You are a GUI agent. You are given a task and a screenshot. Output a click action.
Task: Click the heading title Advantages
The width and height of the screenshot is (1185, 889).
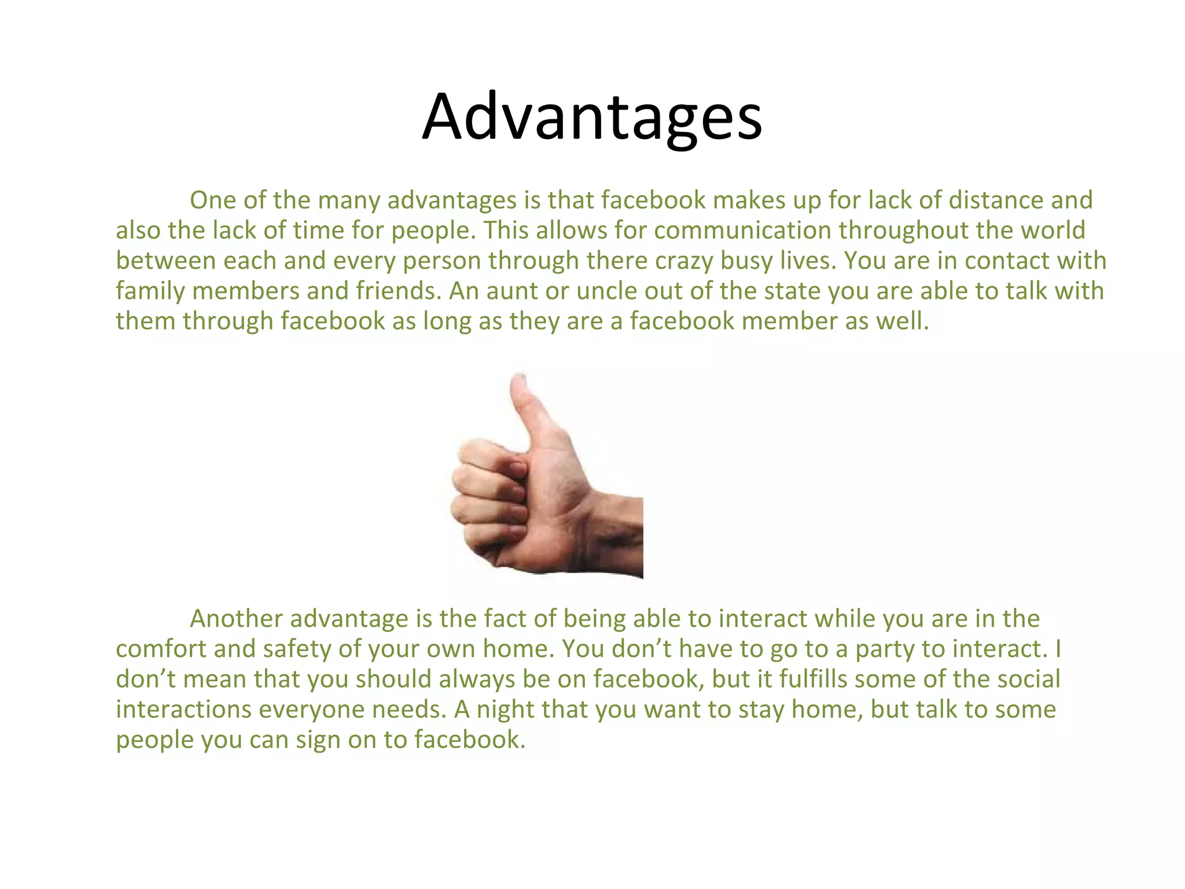coord(592,117)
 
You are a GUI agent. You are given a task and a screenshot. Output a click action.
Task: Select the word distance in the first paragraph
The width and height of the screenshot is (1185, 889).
coord(999,200)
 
